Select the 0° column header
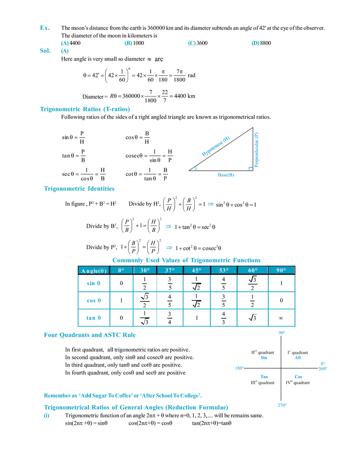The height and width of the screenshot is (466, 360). (x=121, y=270)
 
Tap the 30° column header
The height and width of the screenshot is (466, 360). (x=145, y=270)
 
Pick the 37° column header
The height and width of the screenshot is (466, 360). (x=170, y=270)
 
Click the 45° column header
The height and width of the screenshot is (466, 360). (x=197, y=270)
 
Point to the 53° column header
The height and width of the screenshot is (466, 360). (x=224, y=270)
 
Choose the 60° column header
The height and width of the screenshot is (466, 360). (x=252, y=270)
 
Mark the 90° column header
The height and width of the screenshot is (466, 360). (x=281, y=270)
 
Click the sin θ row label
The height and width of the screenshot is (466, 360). (x=93, y=283)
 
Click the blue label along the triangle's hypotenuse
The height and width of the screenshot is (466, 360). (x=216, y=146)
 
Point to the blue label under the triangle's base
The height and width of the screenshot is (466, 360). (x=226, y=176)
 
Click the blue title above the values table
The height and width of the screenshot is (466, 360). (x=186, y=260)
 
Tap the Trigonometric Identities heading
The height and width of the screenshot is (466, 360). (x=80, y=189)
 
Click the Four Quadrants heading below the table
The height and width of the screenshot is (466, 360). (x=90, y=335)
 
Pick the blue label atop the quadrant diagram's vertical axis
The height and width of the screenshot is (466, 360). (x=281, y=333)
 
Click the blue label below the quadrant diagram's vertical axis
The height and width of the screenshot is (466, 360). (x=281, y=405)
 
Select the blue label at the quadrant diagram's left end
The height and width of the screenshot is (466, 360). (x=239, y=368)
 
